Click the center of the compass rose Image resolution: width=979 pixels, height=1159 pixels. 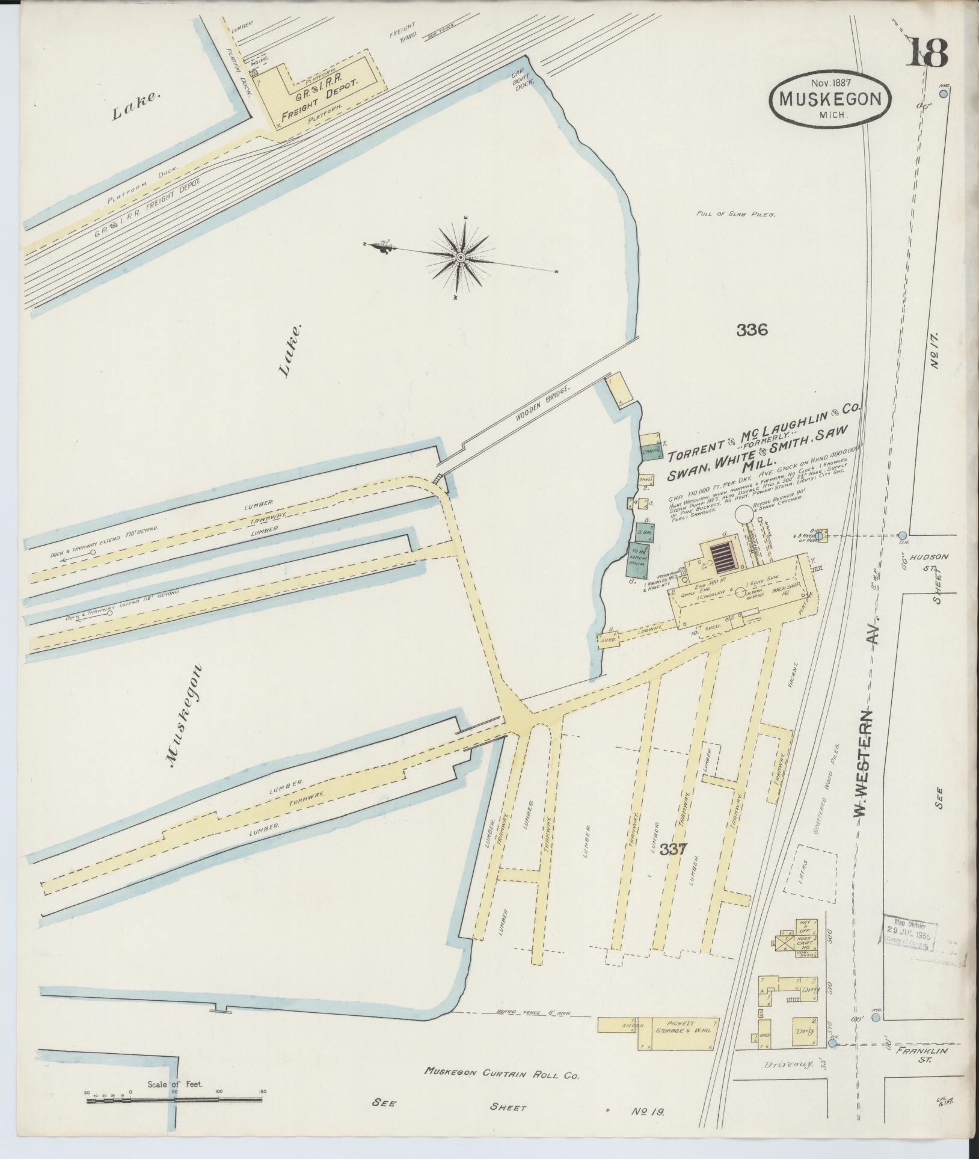pos(460,257)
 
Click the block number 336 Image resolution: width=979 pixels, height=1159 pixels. pos(752,330)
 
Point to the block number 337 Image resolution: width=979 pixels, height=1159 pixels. pos(674,849)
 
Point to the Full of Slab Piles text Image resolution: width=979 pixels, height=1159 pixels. pos(737,214)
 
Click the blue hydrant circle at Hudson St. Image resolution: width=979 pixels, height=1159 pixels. pos(903,535)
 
